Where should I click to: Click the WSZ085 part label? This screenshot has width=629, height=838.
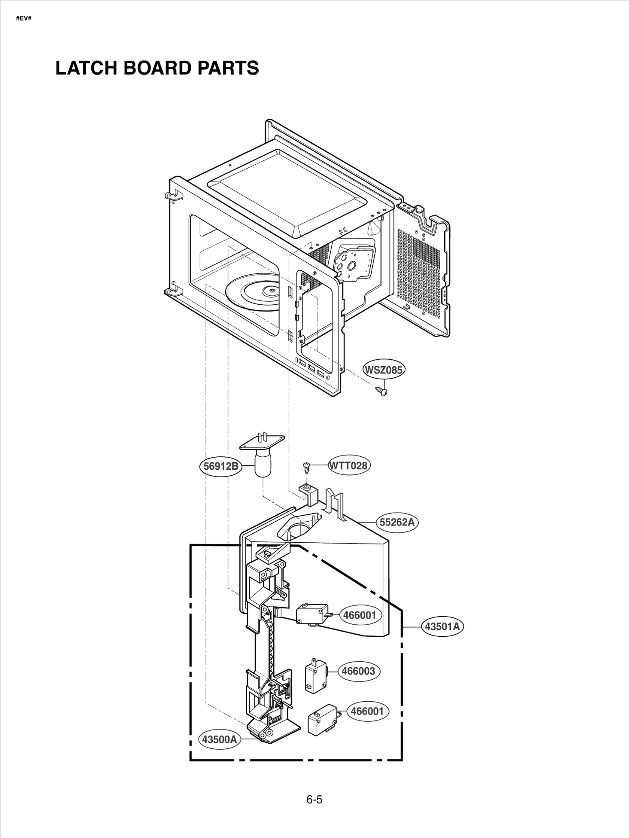click(383, 370)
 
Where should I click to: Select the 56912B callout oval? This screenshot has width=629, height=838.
click(221, 466)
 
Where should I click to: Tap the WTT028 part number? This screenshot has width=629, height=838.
click(349, 466)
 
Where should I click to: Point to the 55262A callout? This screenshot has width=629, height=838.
click(397, 522)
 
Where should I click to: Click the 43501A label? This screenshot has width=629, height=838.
click(442, 626)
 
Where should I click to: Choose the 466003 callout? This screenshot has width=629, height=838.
click(359, 671)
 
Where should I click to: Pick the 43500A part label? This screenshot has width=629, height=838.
click(219, 739)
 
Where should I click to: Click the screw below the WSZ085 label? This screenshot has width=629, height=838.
click(381, 391)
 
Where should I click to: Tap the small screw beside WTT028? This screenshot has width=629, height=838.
click(306, 467)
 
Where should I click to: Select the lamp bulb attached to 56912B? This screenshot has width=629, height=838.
click(262, 465)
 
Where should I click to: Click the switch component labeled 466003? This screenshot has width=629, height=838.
click(315, 676)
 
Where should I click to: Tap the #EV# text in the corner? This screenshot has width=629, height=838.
click(24, 18)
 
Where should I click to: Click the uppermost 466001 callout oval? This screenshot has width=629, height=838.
click(360, 615)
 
